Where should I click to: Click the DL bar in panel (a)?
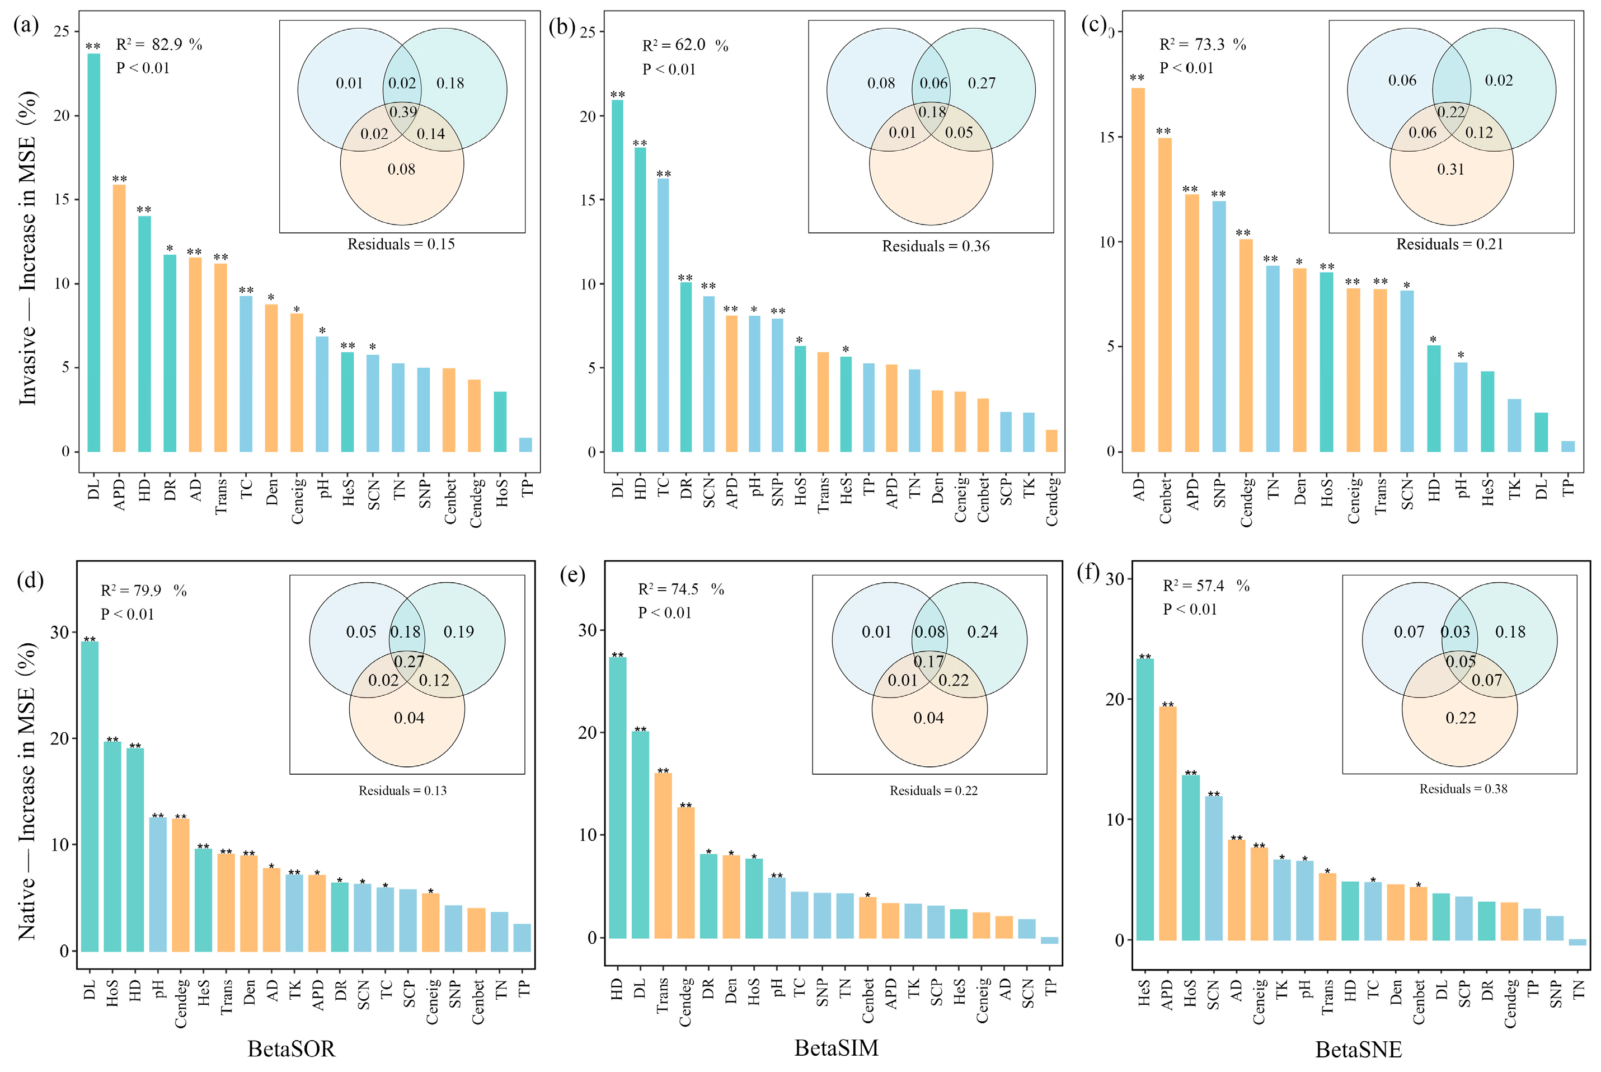[93, 253]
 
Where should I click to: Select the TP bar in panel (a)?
[525, 444]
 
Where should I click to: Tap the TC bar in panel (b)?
[663, 315]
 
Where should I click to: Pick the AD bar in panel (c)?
[1138, 270]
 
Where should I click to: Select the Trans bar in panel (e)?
[663, 855]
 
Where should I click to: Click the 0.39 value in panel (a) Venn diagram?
[403, 112]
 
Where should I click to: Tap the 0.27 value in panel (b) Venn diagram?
[981, 83]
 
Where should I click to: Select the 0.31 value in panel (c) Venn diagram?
[1450, 170]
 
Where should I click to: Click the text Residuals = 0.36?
[936, 246]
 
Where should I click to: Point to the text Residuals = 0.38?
[1463, 789]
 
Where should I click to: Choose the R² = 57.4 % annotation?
[1206, 586]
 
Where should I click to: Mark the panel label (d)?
[30, 580]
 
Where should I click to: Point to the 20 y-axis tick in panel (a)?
[62, 115]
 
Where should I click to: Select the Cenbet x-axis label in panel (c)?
[1165, 501]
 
